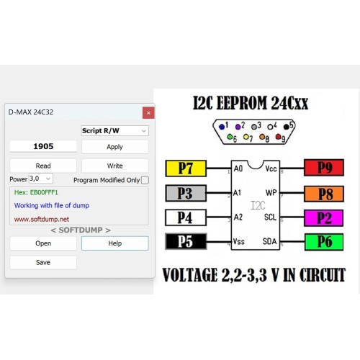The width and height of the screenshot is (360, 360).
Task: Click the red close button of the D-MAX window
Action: (148, 112)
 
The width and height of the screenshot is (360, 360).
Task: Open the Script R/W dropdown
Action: (115, 131)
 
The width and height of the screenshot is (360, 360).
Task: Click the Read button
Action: (43, 166)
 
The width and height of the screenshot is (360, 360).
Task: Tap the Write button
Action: (115, 166)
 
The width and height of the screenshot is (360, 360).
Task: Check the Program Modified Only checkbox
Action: (145, 180)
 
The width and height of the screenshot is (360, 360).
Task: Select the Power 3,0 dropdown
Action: (41, 179)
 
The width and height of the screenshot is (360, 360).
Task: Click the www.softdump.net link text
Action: (42, 219)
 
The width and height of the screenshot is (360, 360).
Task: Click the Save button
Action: (43, 262)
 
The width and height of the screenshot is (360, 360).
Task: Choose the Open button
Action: (43, 243)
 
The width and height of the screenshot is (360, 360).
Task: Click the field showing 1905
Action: (43, 146)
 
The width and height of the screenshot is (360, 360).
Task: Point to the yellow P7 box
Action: (186, 168)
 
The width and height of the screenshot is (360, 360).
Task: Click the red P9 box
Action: (324, 167)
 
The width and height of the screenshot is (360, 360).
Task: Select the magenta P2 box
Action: (324, 218)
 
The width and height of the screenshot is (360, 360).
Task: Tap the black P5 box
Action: (186, 241)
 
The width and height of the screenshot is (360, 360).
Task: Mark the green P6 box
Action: (324, 242)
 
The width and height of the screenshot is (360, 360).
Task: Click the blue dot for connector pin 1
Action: (222, 127)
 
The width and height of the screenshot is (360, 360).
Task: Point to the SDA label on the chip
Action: (269, 241)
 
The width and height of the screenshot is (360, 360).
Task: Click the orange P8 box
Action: (324, 194)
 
